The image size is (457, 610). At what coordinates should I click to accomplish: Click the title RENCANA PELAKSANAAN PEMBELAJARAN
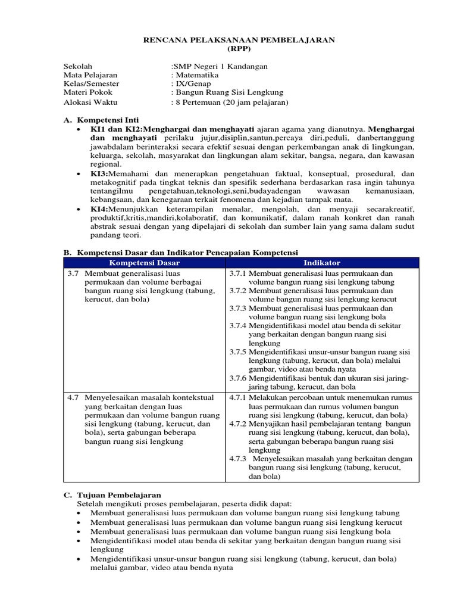tap(240, 40)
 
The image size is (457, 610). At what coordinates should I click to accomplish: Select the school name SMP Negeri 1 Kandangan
tap(220, 66)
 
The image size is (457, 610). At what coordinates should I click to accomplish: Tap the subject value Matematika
tap(196, 75)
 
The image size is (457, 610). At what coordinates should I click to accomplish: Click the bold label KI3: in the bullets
tap(98, 173)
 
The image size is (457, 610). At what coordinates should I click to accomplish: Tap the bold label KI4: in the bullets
tap(98, 209)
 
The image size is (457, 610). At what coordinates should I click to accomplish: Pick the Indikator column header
tap(322, 262)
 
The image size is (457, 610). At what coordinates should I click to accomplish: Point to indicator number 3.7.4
tap(238, 326)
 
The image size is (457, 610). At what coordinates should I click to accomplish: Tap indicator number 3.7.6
tap(238, 378)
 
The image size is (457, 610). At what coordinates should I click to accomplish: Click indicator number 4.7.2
tap(238, 424)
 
